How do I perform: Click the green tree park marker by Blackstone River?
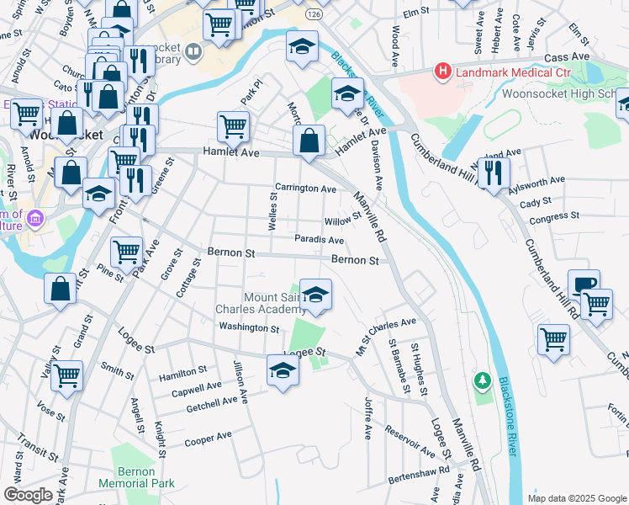(481, 381)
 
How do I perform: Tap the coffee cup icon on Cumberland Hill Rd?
(584, 284)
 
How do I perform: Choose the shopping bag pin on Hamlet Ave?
(310, 141)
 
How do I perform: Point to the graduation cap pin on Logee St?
(283, 370)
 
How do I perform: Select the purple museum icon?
(34, 221)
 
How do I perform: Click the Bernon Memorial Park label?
(136, 477)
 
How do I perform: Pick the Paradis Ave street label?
(319, 240)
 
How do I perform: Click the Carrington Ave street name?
(306, 189)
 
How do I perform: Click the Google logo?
(28, 495)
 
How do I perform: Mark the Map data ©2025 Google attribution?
(576, 497)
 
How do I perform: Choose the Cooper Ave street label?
(208, 439)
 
